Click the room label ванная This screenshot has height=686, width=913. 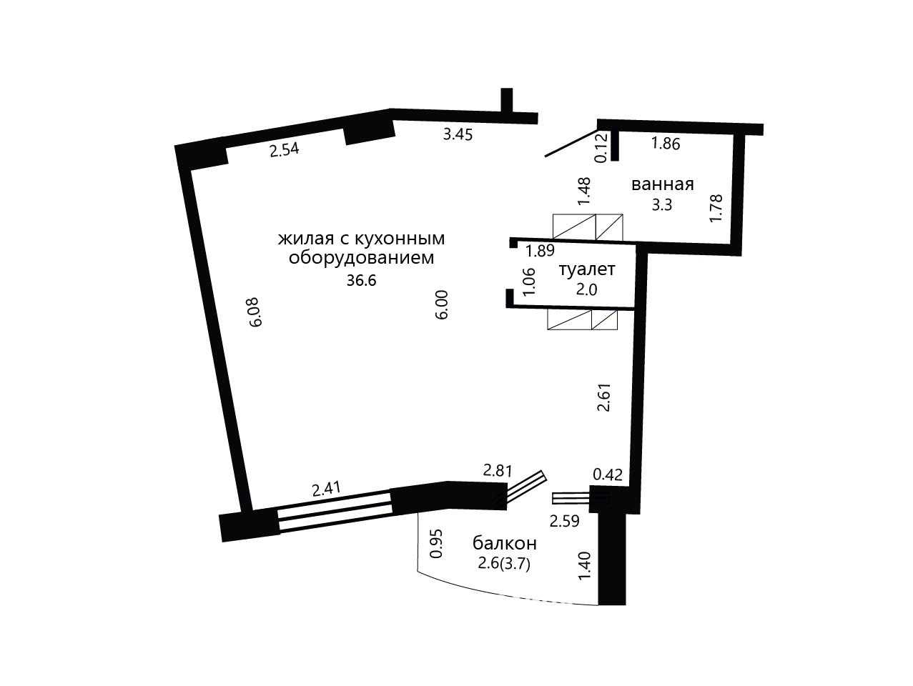(x=662, y=184)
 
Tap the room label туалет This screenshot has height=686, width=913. (x=586, y=270)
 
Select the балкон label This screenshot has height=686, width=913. (x=505, y=544)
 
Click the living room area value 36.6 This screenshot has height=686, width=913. (x=361, y=281)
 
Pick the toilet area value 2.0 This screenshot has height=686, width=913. (x=586, y=289)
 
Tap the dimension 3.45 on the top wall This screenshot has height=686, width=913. (x=458, y=134)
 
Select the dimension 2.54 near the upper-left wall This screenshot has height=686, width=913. (x=284, y=150)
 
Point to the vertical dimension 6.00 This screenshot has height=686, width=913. (x=442, y=304)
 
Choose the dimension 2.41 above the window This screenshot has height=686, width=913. (x=327, y=489)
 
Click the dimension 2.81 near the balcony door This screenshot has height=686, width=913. (x=498, y=470)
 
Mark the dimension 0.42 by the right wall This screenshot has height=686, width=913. (x=608, y=474)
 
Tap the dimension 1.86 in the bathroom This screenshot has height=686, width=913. (x=665, y=144)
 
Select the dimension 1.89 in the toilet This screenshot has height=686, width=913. (x=540, y=251)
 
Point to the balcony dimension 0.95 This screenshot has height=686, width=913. (x=436, y=543)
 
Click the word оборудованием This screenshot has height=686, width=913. (x=361, y=258)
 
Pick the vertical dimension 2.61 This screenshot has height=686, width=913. (x=604, y=397)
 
